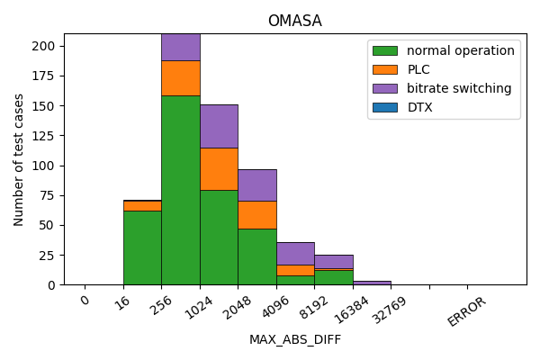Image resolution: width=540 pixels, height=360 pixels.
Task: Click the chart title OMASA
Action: [294, 21]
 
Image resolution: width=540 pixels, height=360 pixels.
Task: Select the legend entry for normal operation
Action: [460, 50]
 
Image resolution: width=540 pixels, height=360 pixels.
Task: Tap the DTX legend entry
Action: [419, 107]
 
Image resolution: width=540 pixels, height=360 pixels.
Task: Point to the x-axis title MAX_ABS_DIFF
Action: [294, 340]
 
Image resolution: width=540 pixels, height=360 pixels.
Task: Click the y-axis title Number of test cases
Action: [19, 159]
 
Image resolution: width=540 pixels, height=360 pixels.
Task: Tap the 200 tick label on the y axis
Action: [45, 46]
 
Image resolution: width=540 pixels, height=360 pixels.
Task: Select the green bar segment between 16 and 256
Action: [142, 247]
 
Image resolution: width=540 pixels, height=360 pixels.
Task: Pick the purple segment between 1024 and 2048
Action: [219, 126]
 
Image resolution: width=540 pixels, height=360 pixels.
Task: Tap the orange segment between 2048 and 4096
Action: [257, 214]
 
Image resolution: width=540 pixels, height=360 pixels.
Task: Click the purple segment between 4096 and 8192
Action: [295, 253]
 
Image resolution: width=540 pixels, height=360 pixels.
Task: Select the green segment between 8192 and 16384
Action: [334, 277]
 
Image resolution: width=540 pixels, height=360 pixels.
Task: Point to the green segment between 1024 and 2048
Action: [219, 237]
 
